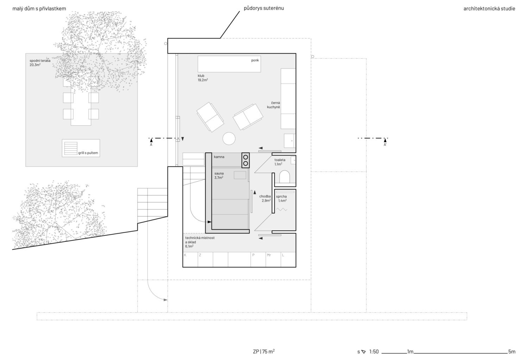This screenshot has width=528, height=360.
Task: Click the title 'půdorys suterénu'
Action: [x=264, y=8]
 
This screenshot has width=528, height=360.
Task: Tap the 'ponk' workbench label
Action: [x=255, y=60]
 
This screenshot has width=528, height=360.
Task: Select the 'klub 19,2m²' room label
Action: [x=203, y=78]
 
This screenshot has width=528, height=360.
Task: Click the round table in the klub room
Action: [x=229, y=138]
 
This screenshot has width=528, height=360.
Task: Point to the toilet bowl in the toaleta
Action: [x=284, y=176]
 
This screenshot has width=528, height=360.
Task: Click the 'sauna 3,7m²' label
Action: [x=219, y=176]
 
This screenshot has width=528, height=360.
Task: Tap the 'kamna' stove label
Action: [x=219, y=157]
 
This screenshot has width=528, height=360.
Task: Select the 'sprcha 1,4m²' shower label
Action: [x=282, y=198]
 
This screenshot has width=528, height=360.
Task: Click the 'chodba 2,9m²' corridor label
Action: [x=265, y=198]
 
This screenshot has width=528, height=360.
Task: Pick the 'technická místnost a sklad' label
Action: [x=200, y=240]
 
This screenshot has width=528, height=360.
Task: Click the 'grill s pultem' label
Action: [x=88, y=153]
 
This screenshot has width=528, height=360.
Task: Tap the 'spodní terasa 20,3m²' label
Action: [x=40, y=63]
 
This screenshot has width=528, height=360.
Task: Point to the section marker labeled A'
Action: [x=385, y=142]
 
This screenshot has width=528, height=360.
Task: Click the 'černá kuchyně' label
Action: [x=274, y=105]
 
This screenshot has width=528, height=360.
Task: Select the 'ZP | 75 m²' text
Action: [x=264, y=352]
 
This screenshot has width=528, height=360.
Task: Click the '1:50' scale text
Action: [x=374, y=352]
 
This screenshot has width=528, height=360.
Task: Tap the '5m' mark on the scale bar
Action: [x=512, y=352]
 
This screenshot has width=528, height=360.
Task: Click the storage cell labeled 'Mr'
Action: [x=273, y=260]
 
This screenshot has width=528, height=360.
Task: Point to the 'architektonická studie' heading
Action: [x=489, y=9]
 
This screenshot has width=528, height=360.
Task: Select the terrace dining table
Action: [x=81, y=97]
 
